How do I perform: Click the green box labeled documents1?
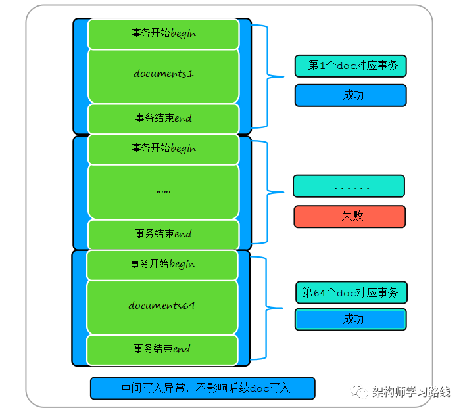click(163, 74)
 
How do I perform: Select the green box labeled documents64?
click(162, 306)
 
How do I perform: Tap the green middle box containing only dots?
click(163, 191)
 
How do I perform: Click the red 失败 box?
click(349, 216)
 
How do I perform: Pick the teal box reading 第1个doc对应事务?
click(351, 66)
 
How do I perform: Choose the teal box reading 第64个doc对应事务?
click(351, 292)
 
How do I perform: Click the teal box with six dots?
click(349, 187)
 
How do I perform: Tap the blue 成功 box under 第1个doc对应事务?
click(351, 95)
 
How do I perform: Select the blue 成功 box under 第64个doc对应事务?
click(351, 319)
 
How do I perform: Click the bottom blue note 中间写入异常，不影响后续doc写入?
click(203, 388)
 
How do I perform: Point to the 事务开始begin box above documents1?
click(163, 34)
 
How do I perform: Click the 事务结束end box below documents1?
click(163, 118)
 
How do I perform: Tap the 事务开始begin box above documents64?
click(162, 264)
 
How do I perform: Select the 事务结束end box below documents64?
click(162, 349)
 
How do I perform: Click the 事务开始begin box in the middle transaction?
click(163, 149)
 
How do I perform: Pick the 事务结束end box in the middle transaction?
click(163, 234)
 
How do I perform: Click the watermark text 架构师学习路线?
click(410, 392)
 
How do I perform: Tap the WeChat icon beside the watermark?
click(360, 392)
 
